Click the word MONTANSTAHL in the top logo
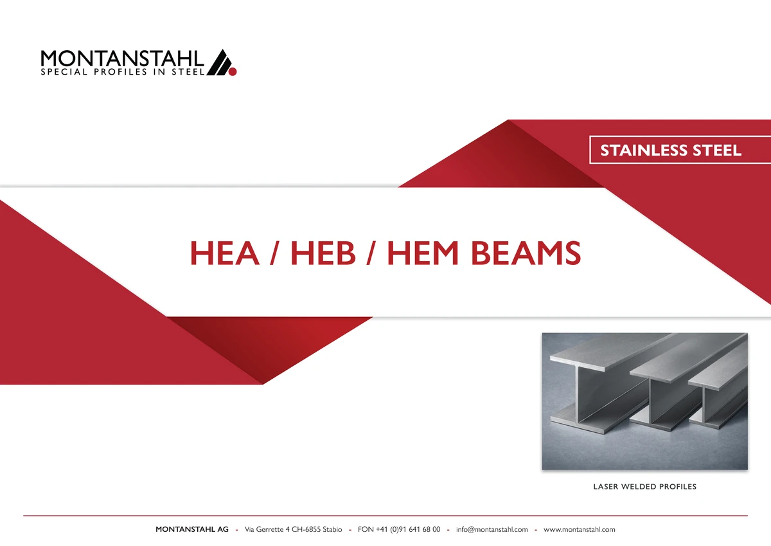tap(122, 59)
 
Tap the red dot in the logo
tap(233, 71)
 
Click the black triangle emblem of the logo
tap(219, 62)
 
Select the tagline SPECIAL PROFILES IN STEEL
tap(123, 72)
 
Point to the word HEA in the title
tap(225, 253)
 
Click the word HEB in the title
tap(323, 253)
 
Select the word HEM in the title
tap(423, 253)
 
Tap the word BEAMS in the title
tap(526, 253)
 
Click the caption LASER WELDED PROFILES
tap(644, 487)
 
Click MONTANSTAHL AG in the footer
tap(192, 529)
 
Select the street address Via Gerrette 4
tap(267, 529)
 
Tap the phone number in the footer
tap(399, 529)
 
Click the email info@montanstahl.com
tap(492, 529)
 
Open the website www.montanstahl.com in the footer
tap(580, 529)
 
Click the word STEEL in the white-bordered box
tap(716, 150)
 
